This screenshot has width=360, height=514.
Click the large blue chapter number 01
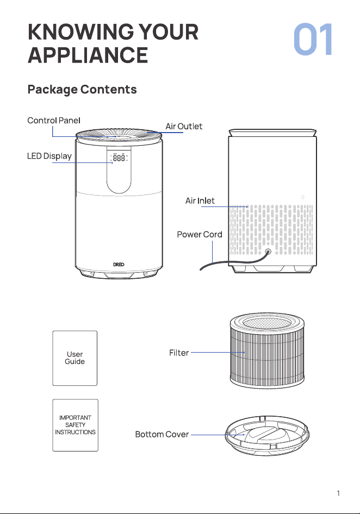pos(313,39)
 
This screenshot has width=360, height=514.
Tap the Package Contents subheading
pos(82,90)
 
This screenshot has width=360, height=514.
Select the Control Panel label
pos(54,121)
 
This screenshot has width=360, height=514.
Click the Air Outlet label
pos(184,126)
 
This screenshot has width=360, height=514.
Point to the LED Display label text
pos(49,156)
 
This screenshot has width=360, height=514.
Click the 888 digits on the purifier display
pos(119,158)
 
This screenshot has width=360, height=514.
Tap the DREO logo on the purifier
pos(119,264)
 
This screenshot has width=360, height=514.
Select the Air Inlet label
pos(200,200)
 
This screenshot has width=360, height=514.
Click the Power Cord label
pos(200,234)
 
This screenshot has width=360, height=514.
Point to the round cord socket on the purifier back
pos(268,252)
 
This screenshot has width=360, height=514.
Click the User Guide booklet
pos(75,358)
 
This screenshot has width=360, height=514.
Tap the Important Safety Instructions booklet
pos(76,425)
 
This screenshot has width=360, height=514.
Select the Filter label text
pos(179,353)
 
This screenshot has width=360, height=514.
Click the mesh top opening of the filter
pos(267,323)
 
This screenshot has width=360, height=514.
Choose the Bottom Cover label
pos(162,434)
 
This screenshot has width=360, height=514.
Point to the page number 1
pos(338,493)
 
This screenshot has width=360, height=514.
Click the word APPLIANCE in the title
pos(88,55)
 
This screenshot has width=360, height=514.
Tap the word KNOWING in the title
pos(80,32)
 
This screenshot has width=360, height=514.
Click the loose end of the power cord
pos(201,269)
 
